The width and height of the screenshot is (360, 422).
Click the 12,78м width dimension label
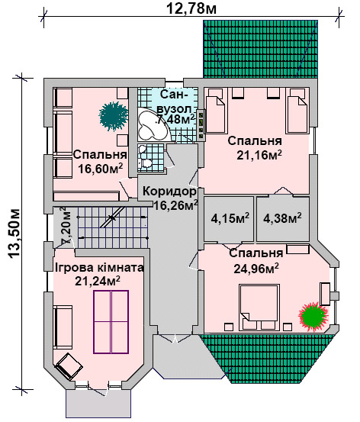click(191, 8)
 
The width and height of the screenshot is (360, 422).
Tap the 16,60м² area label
click(101, 169)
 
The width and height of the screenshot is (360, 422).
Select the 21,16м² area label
click(259, 155)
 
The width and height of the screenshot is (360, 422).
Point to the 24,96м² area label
click(256, 268)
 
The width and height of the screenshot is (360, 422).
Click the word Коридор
click(169, 192)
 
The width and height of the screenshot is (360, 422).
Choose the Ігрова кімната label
click(99, 268)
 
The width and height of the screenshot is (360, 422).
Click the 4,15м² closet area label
click(230, 218)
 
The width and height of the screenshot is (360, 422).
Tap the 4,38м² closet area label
click(282, 217)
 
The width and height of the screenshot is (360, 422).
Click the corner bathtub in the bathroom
click(153, 125)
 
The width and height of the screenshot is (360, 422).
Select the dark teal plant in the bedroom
click(114, 116)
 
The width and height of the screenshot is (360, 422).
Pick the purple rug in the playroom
click(111, 321)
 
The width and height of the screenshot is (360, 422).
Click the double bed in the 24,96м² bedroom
click(259, 308)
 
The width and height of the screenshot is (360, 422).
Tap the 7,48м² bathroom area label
click(175, 119)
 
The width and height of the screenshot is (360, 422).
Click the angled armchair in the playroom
click(69, 366)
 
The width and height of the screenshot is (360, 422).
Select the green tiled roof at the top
click(260, 49)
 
